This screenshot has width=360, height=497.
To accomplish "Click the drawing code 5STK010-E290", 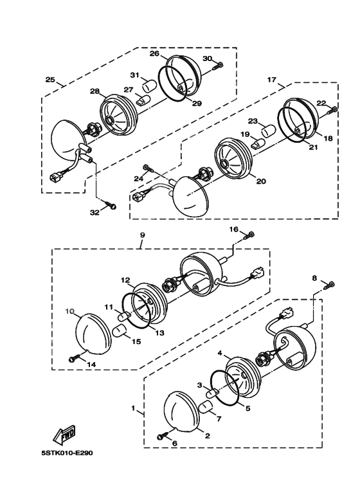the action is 67,453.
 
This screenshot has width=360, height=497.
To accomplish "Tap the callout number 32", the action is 94,213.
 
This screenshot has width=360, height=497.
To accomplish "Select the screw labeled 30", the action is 218,66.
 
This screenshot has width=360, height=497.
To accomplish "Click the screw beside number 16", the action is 249,235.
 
